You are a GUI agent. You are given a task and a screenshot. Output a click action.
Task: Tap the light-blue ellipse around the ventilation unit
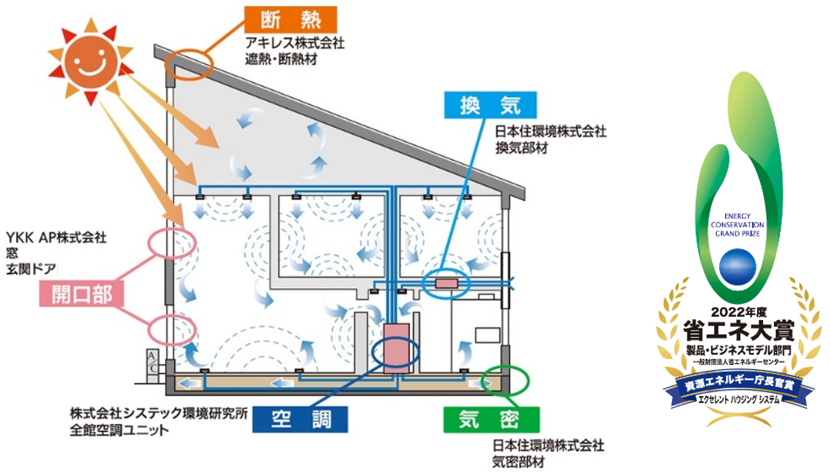[x=447, y=283]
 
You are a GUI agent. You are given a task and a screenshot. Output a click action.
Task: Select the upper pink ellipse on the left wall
[x=173, y=245]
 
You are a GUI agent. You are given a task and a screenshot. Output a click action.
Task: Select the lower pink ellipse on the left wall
[x=172, y=328]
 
